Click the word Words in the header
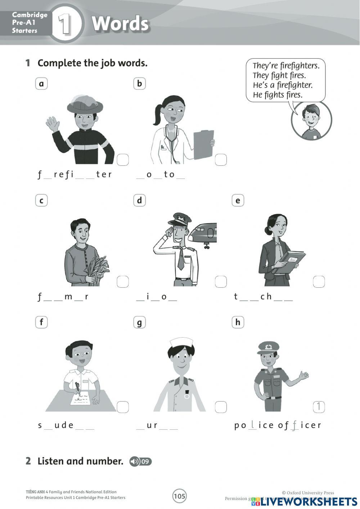[x=120, y=24]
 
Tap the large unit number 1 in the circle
[x=65, y=24]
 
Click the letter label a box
[x=41, y=84]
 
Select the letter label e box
[x=238, y=201]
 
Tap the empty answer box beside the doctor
[x=221, y=160]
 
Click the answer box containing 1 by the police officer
[x=319, y=407]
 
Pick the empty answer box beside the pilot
[x=221, y=282]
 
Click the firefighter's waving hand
[x=53, y=124]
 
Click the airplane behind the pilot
[x=203, y=233]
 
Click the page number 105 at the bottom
[x=179, y=496]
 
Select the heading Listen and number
[x=80, y=461]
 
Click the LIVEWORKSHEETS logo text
[x=309, y=501]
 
